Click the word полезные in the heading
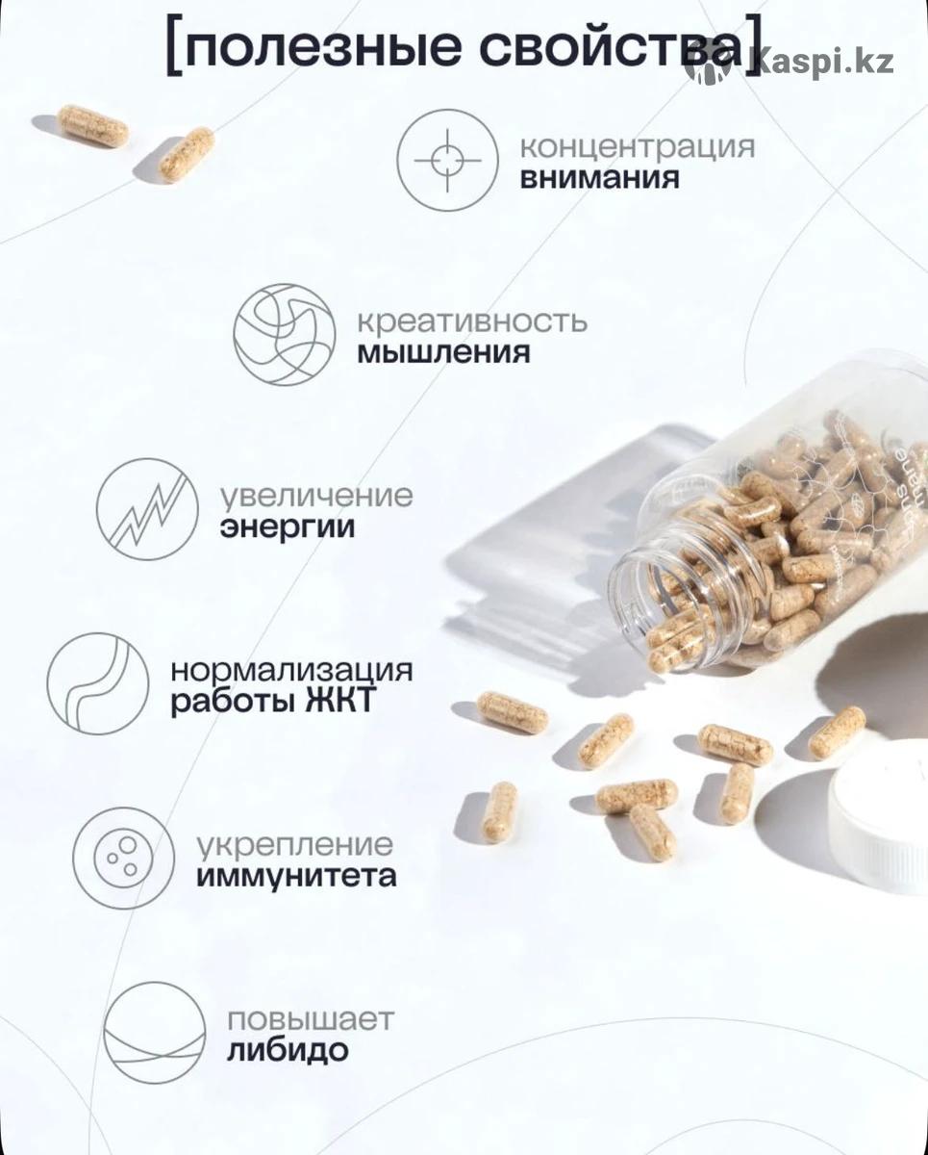point(323,48)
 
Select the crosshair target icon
point(448,160)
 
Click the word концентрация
point(638,147)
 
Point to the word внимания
point(600,179)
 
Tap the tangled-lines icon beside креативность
point(285,334)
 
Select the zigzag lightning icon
point(147,509)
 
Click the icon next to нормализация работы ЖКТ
point(98,683)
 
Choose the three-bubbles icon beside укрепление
point(124,859)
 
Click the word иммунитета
point(296,877)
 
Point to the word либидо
point(288,1050)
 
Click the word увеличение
point(317,496)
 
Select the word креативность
point(472,322)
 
